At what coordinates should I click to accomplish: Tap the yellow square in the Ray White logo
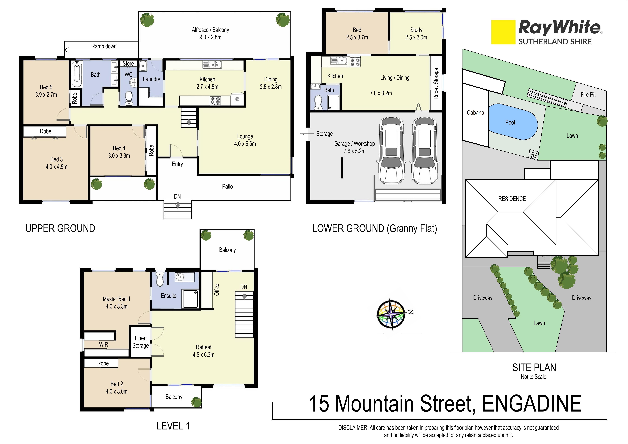coord(503,32)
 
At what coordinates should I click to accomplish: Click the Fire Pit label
coord(588,95)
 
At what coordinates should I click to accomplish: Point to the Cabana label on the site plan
coord(475,112)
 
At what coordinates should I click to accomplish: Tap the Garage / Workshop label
coord(354,144)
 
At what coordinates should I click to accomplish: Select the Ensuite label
coord(168,296)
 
